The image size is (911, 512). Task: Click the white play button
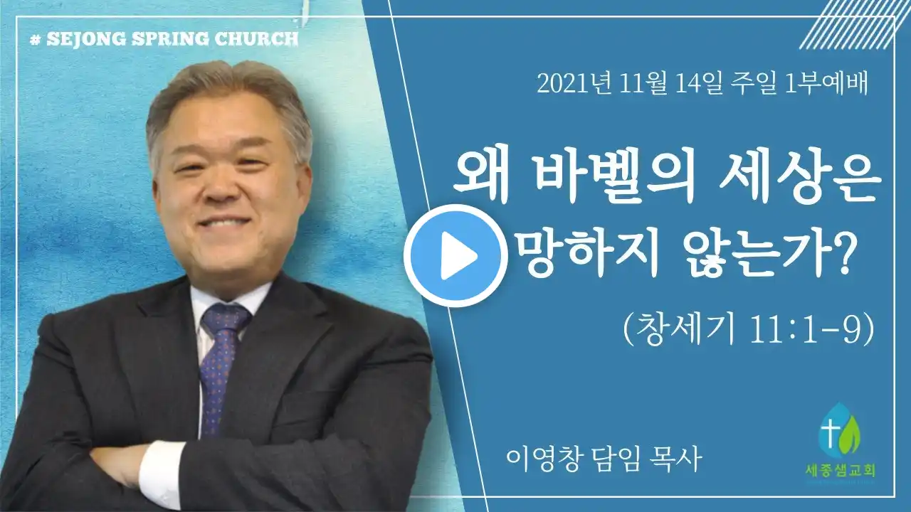[456, 255]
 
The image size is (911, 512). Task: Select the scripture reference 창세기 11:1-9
[749, 330]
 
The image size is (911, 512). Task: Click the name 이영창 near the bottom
[542, 460]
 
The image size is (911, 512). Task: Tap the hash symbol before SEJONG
[36, 40]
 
